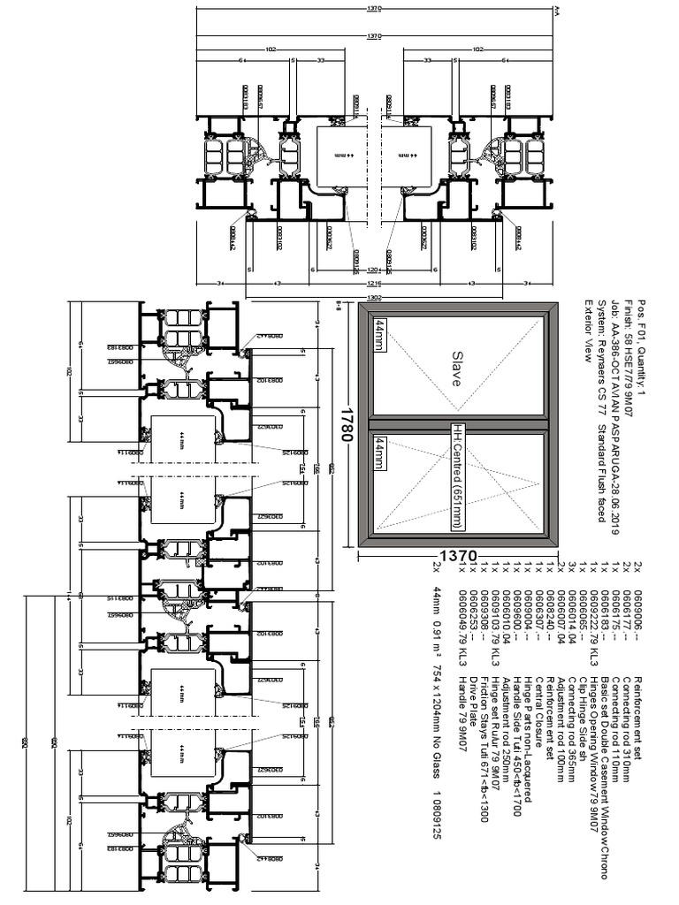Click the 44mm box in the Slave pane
(381, 337)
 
